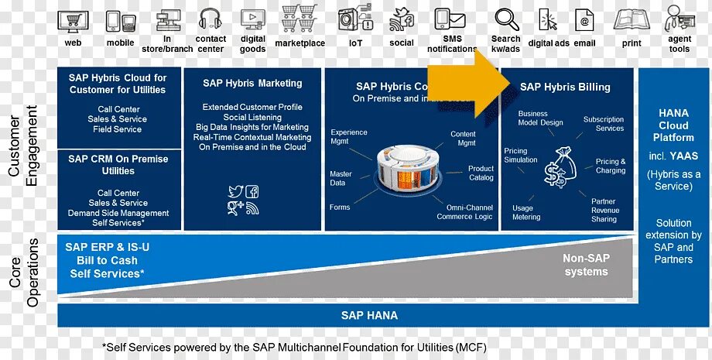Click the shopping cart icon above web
(72, 21)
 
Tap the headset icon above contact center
(211, 19)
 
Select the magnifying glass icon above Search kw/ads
(507, 19)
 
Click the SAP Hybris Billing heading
(565, 87)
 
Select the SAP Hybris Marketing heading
(252, 83)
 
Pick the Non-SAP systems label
(586, 266)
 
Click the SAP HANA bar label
(369, 315)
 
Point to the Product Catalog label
(481, 173)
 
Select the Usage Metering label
(526, 212)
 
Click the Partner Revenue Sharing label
(604, 210)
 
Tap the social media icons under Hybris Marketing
(243, 200)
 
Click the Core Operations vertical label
(23, 273)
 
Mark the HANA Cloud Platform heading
(673, 125)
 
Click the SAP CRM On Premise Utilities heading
(118, 164)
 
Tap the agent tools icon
(679, 19)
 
